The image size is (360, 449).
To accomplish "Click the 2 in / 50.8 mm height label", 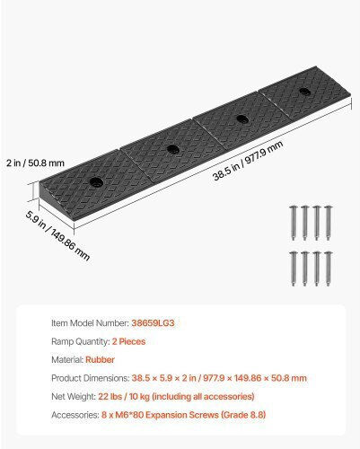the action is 36,163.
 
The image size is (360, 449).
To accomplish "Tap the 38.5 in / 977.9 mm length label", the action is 248,161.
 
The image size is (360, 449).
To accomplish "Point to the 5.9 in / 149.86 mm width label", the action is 57,235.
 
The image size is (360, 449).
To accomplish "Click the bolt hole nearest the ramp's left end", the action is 96,181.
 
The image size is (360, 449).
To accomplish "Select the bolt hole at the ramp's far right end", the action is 304,92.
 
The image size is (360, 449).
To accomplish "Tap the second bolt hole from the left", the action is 173,149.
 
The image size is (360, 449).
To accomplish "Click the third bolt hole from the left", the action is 242,119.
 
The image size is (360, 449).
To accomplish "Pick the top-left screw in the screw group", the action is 293,223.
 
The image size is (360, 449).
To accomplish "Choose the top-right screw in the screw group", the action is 329,223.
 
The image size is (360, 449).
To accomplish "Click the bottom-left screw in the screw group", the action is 293,269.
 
